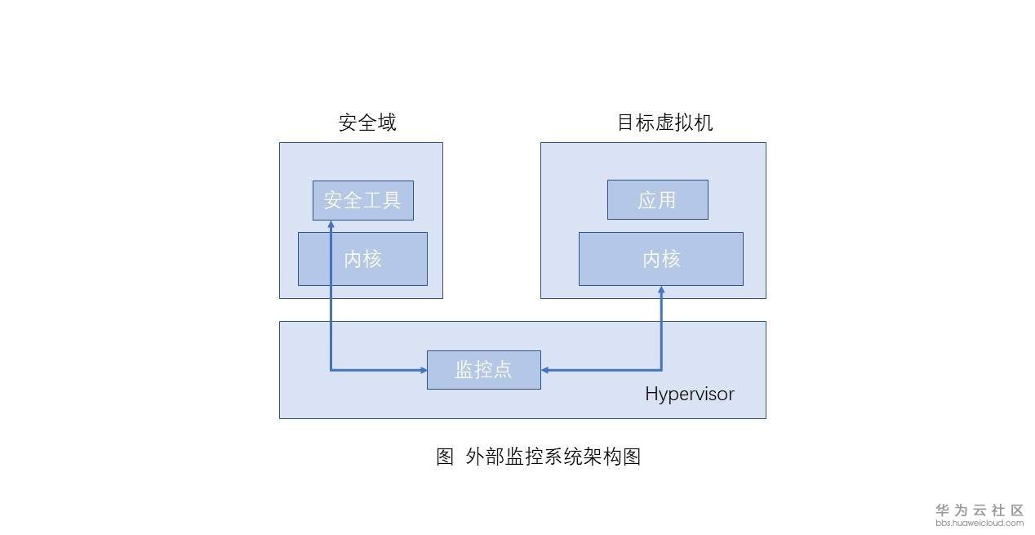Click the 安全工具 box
[x=362, y=200]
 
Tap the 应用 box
[x=657, y=200]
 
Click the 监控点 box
[x=483, y=369]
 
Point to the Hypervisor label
[x=689, y=395]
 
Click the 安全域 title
[x=367, y=123]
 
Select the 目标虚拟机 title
[x=664, y=123]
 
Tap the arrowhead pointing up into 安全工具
[x=331, y=225]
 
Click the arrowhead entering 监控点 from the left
[x=423, y=370]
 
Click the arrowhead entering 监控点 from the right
[x=545, y=370]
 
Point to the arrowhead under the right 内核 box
[x=661, y=291]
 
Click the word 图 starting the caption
[x=445, y=457]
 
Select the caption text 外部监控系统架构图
[x=553, y=457]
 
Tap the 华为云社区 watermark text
[x=979, y=510]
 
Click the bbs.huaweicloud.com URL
[x=979, y=523]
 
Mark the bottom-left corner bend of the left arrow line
[x=331, y=370]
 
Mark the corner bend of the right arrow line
[x=661, y=370]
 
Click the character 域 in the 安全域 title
[x=387, y=123]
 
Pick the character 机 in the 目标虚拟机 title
[x=704, y=123]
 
